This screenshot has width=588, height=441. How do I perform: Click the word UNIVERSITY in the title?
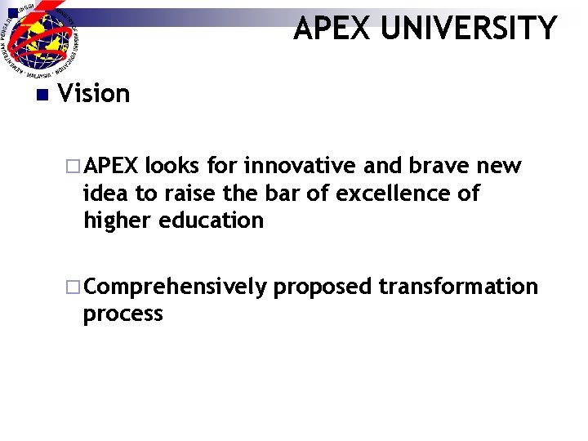[x=469, y=29]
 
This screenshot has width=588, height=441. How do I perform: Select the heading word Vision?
[x=95, y=94]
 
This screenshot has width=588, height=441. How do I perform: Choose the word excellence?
[x=381, y=194]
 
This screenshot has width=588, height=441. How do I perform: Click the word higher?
[x=118, y=220]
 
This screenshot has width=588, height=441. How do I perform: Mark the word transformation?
[x=458, y=287]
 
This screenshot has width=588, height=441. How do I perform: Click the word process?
[x=123, y=314]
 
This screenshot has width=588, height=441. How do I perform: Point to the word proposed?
[x=323, y=287]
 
